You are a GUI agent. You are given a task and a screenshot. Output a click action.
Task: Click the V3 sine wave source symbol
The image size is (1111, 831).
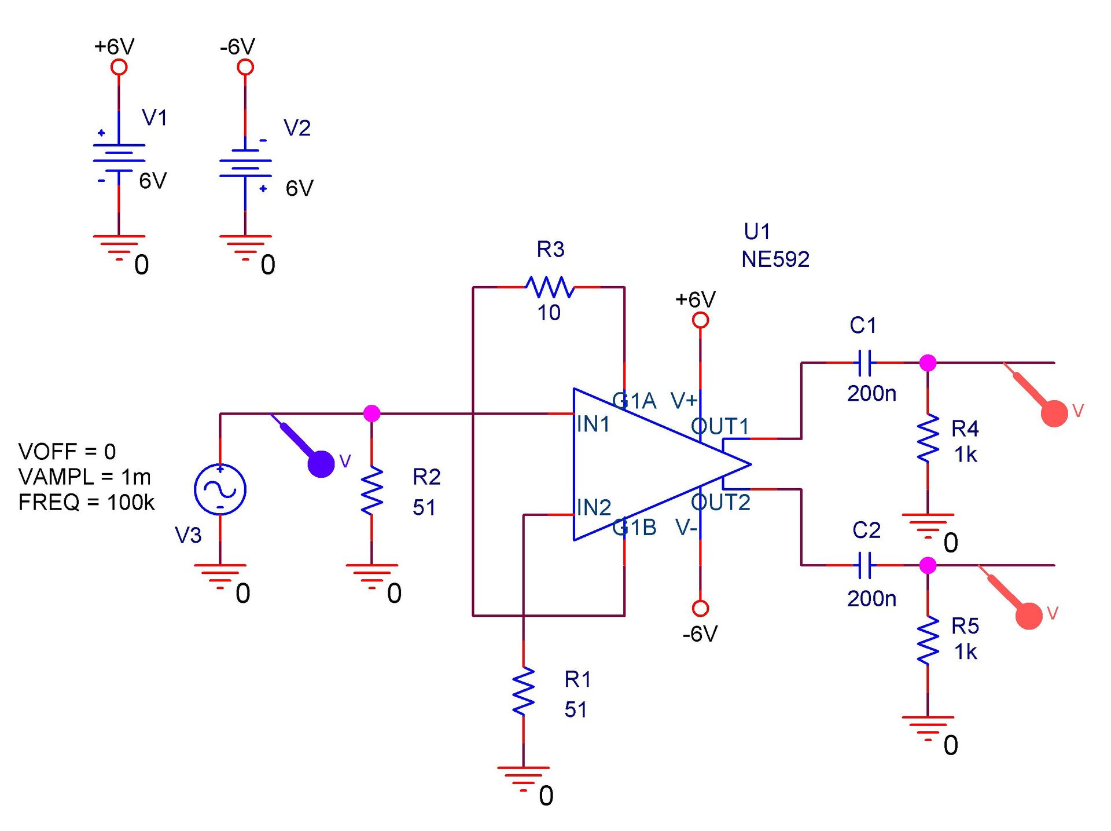point(220,489)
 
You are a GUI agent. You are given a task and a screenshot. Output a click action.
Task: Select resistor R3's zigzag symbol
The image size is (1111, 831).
point(550,287)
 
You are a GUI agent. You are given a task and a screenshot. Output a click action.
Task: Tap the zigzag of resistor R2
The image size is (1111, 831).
point(372,491)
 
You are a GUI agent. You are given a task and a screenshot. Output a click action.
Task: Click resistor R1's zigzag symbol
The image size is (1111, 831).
point(524,691)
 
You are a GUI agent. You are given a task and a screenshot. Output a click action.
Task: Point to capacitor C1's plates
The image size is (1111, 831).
point(865,363)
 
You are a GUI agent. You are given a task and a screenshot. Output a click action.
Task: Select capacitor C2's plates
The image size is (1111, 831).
point(865,565)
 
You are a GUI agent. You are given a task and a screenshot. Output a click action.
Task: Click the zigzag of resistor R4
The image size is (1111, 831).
point(928,438)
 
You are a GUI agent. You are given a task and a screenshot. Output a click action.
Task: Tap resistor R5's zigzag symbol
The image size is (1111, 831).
point(928,640)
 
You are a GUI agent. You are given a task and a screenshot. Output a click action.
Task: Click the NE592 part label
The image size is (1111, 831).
point(775,259)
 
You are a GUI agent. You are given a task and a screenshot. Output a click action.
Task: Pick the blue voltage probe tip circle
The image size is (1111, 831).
point(321,464)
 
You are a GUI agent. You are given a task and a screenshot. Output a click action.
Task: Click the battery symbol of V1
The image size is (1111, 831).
point(119,158)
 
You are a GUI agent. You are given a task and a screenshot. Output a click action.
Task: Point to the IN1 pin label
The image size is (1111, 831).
point(593,424)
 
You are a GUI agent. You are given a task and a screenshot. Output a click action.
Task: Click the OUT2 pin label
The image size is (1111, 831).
point(720,502)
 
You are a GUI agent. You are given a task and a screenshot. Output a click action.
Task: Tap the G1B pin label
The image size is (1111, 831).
point(634,528)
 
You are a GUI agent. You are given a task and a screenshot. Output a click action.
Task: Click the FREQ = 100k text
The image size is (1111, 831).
point(87,502)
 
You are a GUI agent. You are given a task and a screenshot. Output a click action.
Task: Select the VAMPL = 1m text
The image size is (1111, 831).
point(84,477)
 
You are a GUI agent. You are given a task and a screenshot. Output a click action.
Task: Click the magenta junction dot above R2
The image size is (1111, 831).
point(371,413)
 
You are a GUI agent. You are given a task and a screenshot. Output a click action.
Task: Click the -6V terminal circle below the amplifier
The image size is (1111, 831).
point(700,608)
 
